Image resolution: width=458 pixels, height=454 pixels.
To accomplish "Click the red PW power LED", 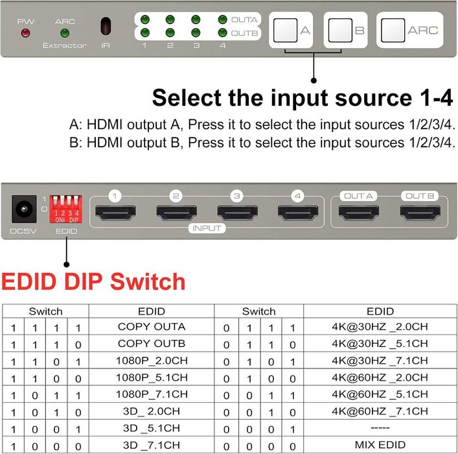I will point(26,32).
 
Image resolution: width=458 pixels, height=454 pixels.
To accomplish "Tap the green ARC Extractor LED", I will point(65,32).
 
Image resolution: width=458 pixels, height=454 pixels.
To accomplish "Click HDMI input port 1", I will point(115,211).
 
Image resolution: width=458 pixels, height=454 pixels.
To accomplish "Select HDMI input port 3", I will point(236,211).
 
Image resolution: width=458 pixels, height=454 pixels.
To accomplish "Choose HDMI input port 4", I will point(297,211).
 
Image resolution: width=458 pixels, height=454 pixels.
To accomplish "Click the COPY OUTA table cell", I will point(151,326).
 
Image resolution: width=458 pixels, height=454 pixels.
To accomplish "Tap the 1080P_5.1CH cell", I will point(151,377).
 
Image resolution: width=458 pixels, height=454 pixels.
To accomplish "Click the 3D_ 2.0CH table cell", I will point(151,411).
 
